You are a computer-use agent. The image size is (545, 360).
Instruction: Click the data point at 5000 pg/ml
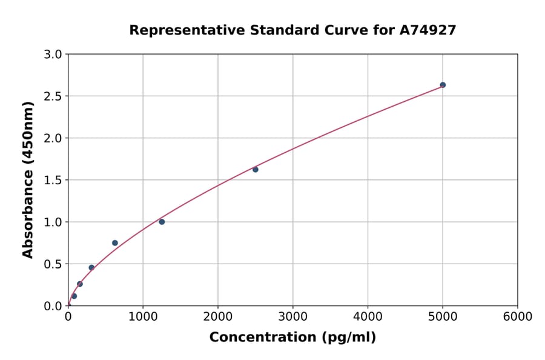443,85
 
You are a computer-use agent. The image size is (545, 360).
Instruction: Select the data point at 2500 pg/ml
256,170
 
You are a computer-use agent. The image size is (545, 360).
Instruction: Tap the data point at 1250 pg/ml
162,222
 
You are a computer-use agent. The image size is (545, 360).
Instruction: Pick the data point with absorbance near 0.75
115,243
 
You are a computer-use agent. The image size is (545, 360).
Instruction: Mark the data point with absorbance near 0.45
91,267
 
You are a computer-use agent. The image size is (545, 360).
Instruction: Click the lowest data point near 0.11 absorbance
74,296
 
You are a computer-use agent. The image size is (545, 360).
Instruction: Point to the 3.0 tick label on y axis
53,55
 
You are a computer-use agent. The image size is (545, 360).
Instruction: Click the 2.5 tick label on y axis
53,96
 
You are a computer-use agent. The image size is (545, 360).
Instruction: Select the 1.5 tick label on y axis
53,180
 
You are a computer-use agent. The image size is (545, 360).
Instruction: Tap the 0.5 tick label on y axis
53,264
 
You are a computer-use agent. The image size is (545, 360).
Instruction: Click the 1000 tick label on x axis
143,317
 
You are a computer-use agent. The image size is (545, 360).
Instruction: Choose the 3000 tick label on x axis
293,317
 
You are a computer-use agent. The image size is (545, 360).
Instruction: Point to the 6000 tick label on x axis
518,317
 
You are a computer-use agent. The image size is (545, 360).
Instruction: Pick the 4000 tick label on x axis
368,317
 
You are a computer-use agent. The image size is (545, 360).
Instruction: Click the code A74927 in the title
428,30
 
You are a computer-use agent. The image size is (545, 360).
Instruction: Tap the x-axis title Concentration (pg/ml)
292,338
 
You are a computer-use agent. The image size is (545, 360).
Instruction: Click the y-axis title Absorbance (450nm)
28,179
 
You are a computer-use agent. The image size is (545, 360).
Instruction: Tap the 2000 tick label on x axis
218,317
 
